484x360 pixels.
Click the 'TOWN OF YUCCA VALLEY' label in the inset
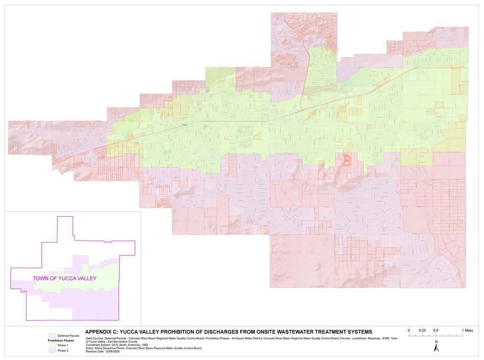[x=65, y=279]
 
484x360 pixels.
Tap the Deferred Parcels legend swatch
[x=52, y=336]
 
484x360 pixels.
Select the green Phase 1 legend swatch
[x=52, y=345]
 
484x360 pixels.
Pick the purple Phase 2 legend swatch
[x=52, y=350]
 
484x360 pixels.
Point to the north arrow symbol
[x=436, y=348]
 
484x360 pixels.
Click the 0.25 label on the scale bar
[x=422, y=330]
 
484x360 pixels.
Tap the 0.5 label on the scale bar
[x=436, y=330]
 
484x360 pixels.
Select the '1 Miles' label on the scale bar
[x=467, y=330]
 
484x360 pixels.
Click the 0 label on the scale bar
[x=409, y=330]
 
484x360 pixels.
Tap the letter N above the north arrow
[x=436, y=341]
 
